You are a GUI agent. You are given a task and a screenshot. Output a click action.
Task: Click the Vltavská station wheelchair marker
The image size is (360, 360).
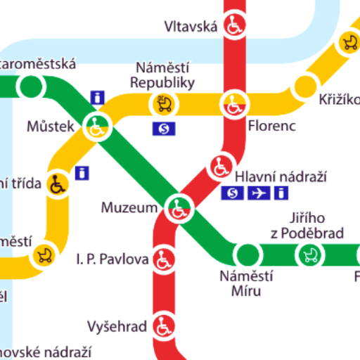(234, 27)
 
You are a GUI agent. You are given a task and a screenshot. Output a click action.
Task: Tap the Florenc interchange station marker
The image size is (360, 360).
(234, 105)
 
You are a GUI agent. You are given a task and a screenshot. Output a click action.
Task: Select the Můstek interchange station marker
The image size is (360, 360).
(96, 127)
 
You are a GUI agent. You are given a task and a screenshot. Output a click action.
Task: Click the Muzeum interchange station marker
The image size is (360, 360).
(179, 207)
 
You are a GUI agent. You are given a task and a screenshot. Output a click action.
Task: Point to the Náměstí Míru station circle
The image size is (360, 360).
(247, 254)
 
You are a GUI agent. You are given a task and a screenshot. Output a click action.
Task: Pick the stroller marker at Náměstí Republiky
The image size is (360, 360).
(164, 105)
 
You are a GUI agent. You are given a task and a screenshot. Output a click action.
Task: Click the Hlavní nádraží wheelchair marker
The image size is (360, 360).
(221, 167)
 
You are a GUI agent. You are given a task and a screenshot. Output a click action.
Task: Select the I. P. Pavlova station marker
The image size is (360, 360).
(165, 261)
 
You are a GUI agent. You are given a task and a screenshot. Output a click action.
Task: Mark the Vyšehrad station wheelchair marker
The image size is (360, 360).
(165, 326)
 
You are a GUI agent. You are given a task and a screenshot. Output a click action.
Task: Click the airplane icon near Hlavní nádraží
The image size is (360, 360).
(259, 193)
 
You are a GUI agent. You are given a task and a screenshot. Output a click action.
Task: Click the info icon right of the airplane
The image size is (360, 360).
(282, 193)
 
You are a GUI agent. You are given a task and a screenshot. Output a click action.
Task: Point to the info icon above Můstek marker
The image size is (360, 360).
(98, 97)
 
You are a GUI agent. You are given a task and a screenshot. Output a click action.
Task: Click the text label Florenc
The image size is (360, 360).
(271, 127)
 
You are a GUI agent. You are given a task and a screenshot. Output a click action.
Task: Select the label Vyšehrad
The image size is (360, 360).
(117, 326)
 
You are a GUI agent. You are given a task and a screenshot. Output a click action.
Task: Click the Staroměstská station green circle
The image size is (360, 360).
(30, 86)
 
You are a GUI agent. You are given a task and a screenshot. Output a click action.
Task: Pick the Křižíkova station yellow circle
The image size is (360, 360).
(305, 86)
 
